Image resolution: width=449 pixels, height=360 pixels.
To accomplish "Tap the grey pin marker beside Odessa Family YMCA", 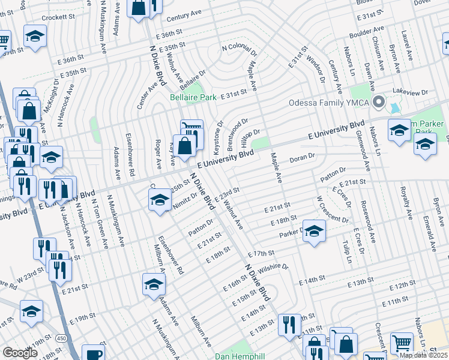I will [x=378, y=101].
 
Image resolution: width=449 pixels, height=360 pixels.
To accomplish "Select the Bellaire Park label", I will [x=193, y=97].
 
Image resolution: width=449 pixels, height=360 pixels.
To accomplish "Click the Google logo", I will [x=20, y=353].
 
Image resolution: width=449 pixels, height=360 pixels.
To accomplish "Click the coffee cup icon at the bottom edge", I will [x=93, y=353].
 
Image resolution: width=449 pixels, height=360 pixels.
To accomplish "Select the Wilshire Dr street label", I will [x=274, y=266].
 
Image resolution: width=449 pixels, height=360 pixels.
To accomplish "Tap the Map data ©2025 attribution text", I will [x=424, y=355].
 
